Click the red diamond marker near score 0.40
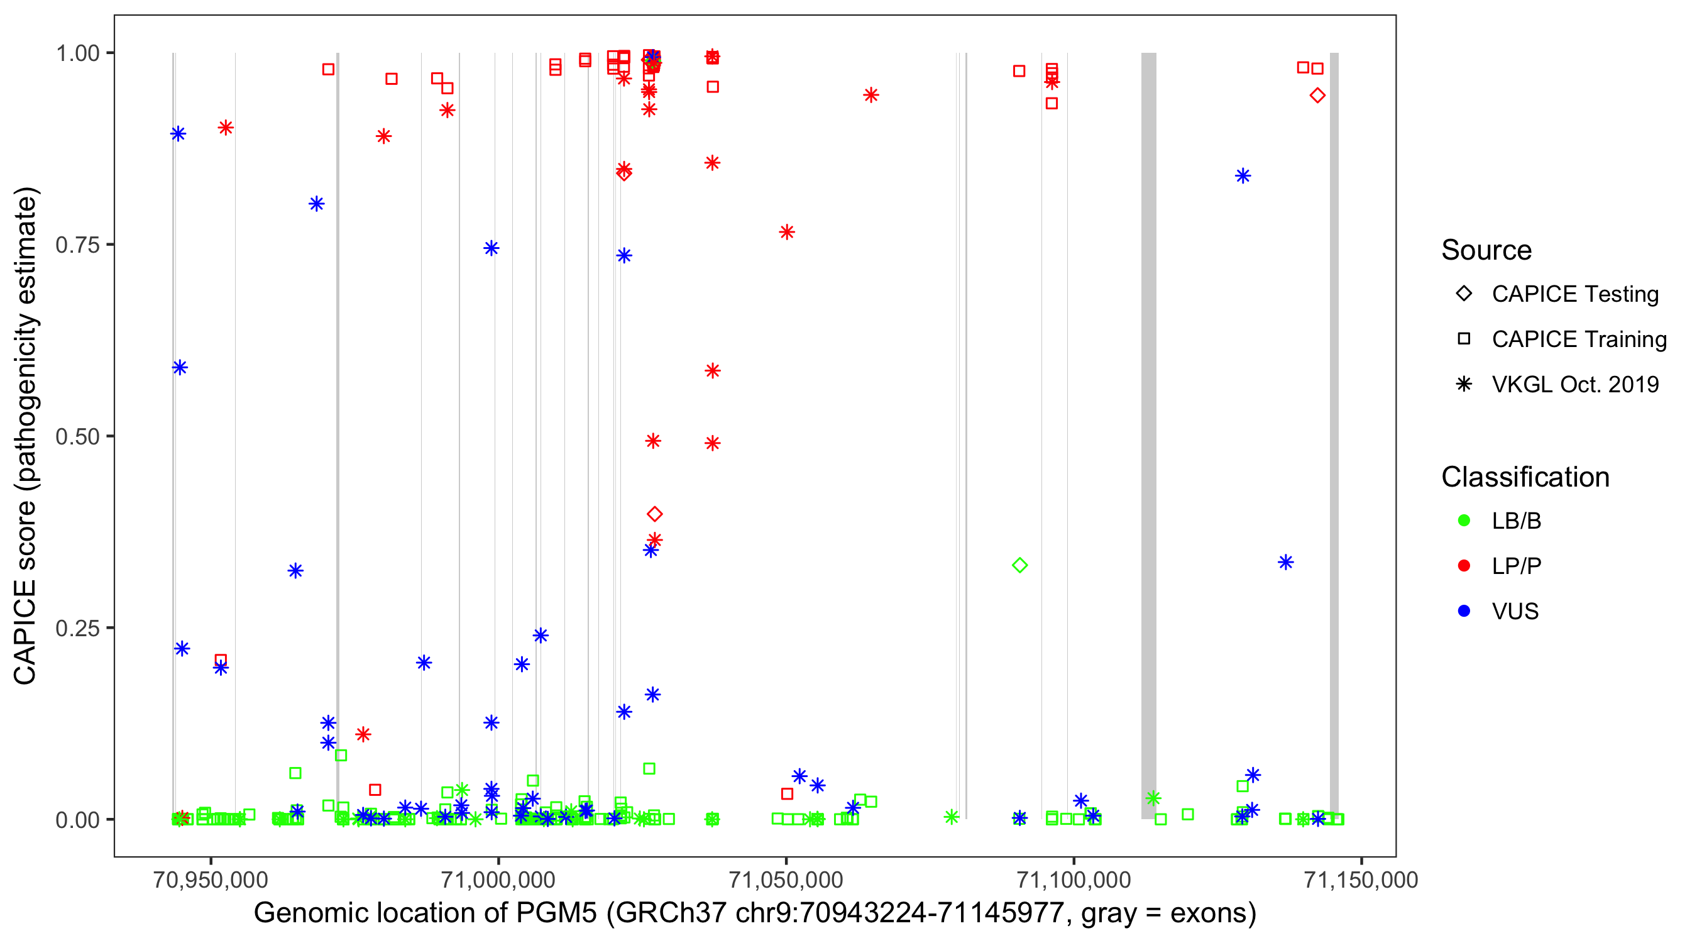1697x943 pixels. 654,514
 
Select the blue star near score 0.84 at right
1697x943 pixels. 1243,176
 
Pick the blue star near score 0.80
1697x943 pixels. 316,204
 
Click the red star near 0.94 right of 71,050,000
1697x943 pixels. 871,96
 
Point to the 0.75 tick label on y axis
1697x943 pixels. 77,245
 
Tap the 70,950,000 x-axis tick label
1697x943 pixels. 210,879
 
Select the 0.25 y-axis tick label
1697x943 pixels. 77,628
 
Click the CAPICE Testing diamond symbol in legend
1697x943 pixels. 1464,293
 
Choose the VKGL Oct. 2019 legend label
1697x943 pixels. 1574,384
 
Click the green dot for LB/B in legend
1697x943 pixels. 1464,521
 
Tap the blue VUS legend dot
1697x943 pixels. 1464,611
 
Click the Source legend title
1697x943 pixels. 1486,250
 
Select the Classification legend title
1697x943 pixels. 1525,477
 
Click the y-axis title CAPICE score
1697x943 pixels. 26,436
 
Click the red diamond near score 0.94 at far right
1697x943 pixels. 1317,96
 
